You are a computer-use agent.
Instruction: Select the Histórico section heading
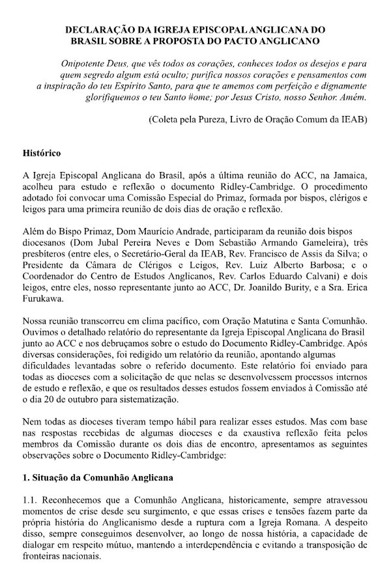42,154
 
